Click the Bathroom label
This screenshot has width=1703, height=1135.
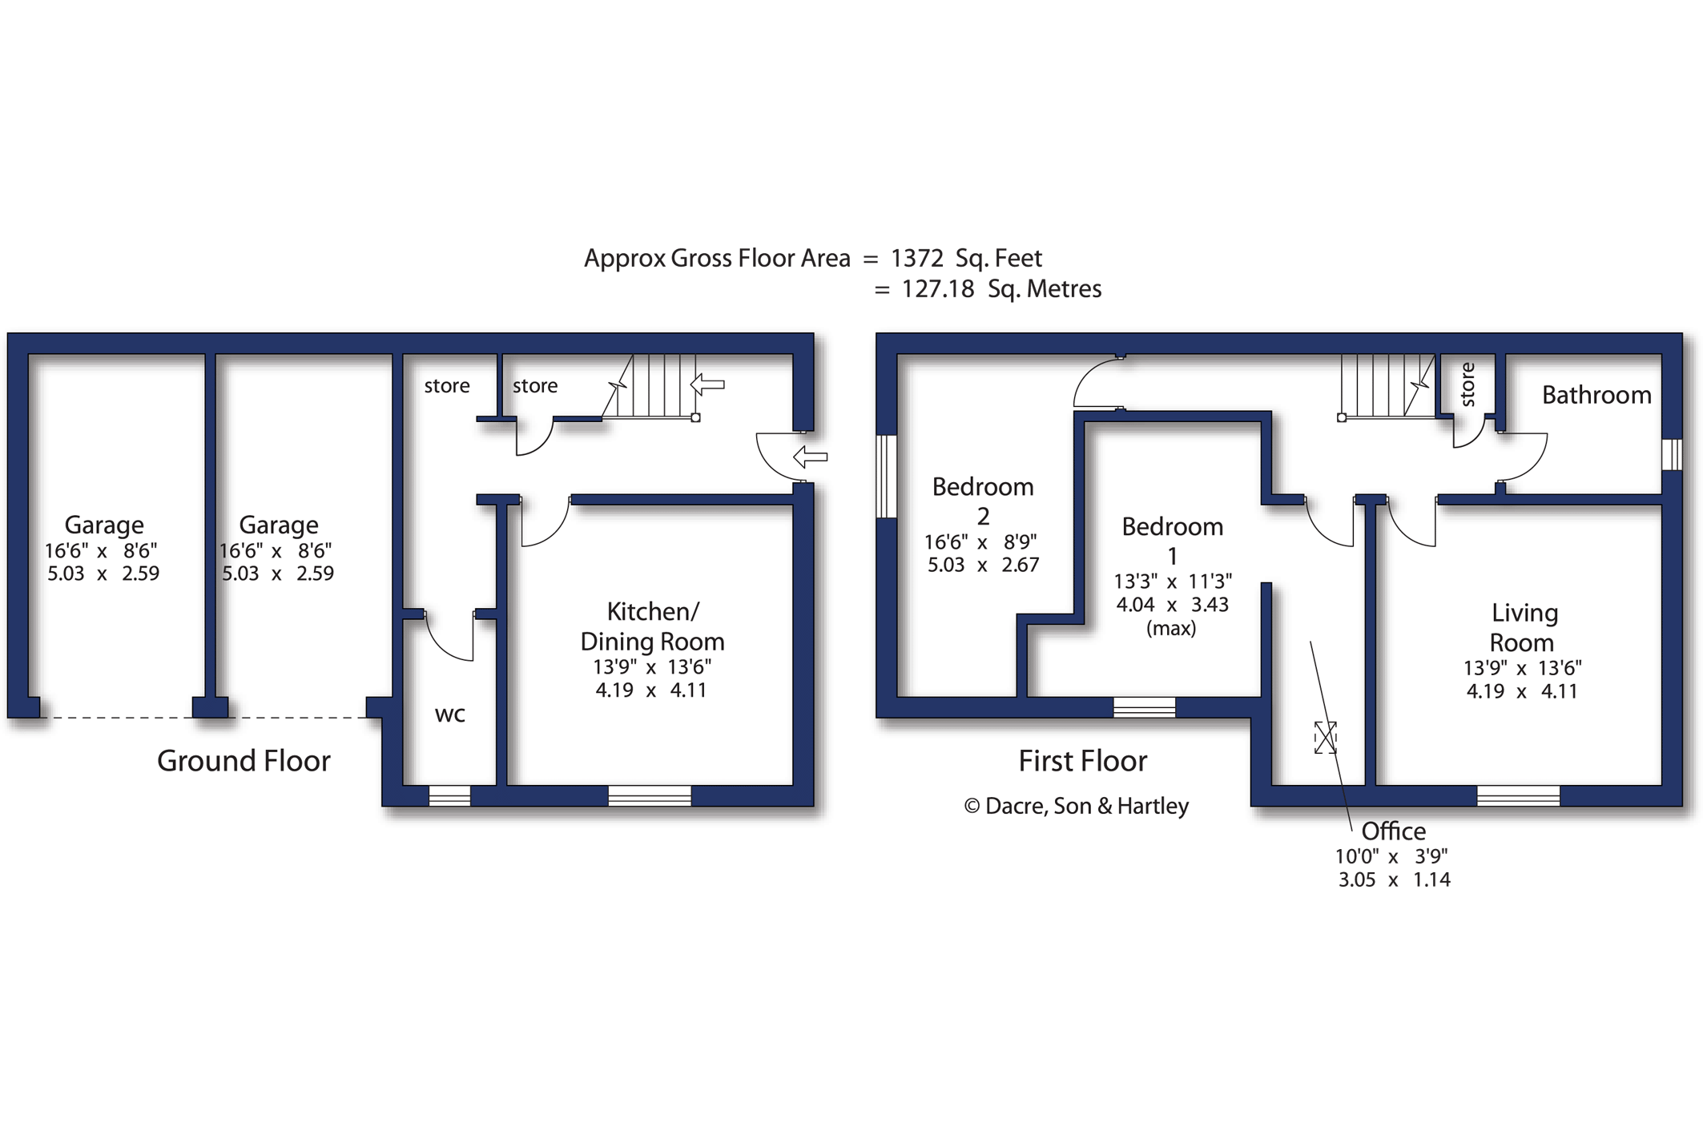coord(1596,395)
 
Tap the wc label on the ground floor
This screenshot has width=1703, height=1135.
coord(449,714)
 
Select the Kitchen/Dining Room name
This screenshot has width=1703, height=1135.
coord(652,626)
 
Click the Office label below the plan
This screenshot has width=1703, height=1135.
coord(1393,831)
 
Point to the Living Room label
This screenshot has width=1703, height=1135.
coord(1522,628)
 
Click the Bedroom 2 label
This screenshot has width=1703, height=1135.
coord(982,501)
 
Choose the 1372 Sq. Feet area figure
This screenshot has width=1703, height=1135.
coord(966,258)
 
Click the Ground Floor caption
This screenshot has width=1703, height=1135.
coord(244,761)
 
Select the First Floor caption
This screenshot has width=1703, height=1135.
coord(1082,761)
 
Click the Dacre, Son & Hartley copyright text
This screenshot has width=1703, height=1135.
coord(1076,806)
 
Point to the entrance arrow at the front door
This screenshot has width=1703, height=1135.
coord(811,457)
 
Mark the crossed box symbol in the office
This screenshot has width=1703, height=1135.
coord(1325,737)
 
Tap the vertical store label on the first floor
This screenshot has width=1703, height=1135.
coord(1467,384)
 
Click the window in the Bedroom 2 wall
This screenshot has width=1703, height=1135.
coord(886,477)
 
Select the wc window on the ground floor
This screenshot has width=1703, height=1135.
coord(449,795)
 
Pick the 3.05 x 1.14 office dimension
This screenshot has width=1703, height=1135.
coord(1394,879)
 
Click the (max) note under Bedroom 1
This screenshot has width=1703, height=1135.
coord(1171,628)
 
